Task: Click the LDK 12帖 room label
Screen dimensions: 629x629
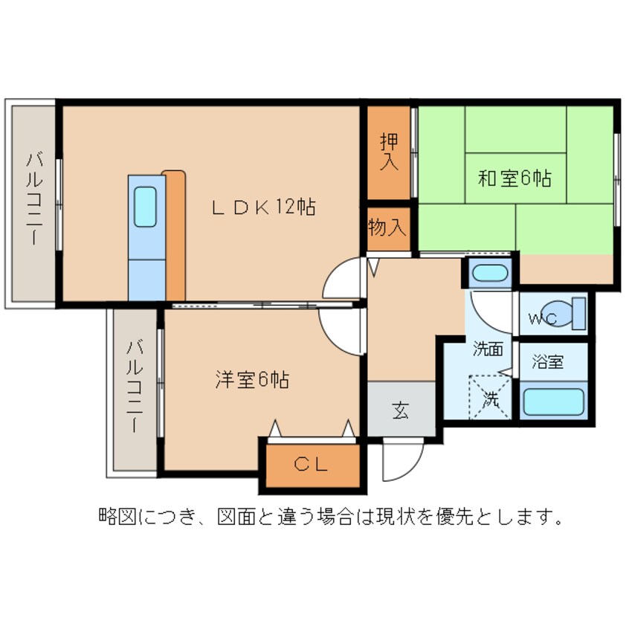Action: click(263, 207)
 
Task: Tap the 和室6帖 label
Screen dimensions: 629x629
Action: click(514, 178)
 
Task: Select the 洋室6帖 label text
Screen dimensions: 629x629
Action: click(252, 379)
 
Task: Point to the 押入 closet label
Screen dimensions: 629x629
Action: click(388, 152)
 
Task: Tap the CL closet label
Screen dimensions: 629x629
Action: click(311, 465)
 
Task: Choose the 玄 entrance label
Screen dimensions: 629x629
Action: click(401, 410)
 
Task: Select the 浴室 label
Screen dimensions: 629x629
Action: click(548, 362)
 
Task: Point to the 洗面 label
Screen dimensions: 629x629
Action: click(488, 349)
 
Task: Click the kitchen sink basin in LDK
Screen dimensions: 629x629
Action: click(146, 206)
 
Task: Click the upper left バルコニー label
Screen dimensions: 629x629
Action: click(34, 199)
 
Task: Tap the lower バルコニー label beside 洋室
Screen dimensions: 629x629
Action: click(134, 387)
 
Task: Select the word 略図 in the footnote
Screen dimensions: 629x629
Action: click(118, 515)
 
